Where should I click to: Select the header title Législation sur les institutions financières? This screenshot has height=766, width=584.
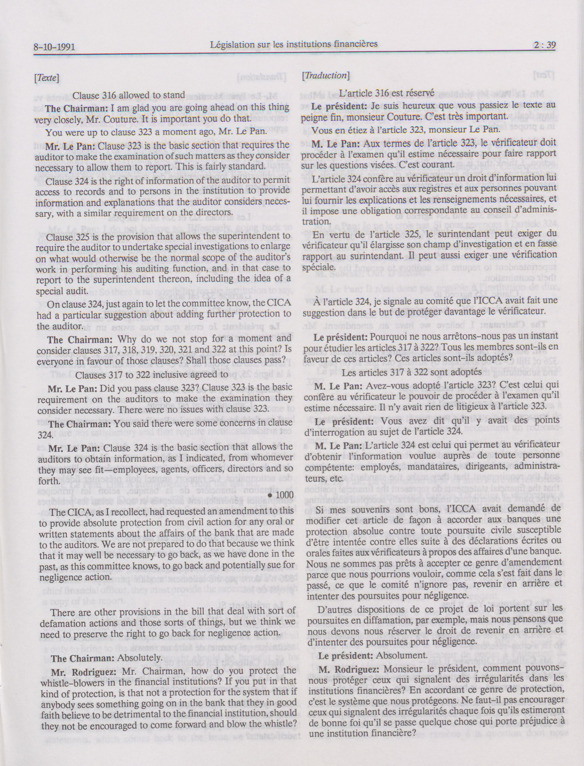(x=294, y=44)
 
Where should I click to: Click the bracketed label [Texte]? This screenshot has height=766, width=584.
(x=46, y=78)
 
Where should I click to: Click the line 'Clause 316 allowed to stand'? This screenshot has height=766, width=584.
(x=129, y=95)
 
